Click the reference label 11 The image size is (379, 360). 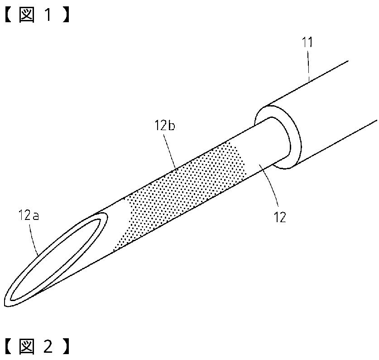(308, 43)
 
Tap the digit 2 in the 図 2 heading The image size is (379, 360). (48, 346)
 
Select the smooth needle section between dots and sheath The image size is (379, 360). (258, 150)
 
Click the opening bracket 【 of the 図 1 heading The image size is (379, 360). (9, 15)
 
